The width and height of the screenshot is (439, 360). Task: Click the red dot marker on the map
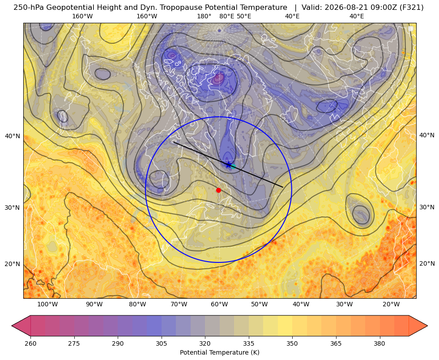(219, 190)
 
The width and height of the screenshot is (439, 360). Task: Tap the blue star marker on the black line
(229, 165)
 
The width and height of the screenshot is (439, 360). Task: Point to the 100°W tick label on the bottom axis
(47, 304)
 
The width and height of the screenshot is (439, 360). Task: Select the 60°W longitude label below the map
(219, 304)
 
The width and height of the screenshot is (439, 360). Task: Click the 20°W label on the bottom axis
(391, 304)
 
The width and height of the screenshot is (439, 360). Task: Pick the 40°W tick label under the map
(301, 304)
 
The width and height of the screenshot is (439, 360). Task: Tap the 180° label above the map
(204, 16)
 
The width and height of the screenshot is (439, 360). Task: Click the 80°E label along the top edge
(227, 16)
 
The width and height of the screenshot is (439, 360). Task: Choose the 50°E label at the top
(244, 16)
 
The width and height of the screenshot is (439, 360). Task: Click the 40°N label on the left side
(13, 136)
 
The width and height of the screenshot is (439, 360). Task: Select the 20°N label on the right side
(427, 263)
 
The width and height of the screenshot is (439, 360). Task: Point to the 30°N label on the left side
(13, 208)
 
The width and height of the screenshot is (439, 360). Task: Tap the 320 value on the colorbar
(205, 343)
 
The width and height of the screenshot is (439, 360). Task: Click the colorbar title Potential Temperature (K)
(220, 352)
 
